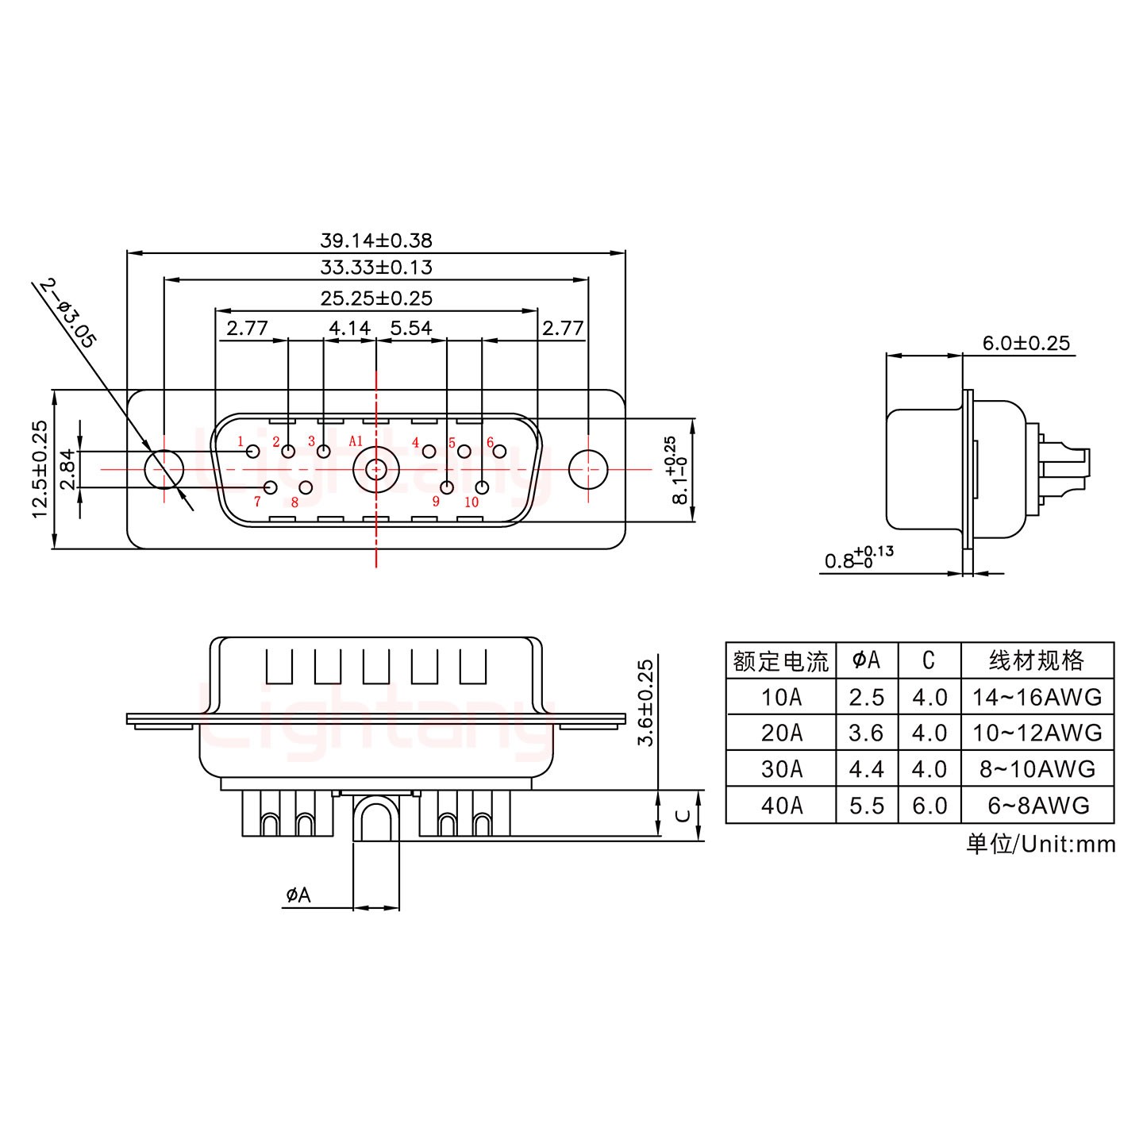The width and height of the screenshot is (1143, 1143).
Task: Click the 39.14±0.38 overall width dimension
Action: pyautogui.click(x=375, y=240)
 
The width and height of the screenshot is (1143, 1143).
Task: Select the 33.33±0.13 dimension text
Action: pyautogui.click(x=375, y=267)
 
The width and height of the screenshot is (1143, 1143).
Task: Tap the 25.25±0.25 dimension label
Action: pyautogui.click(x=375, y=298)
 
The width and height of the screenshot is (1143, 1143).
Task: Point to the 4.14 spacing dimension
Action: pyautogui.click(x=349, y=328)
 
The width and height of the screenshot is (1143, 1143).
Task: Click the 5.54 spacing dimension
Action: pyautogui.click(x=410, y=328)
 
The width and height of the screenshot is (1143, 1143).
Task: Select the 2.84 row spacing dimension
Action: pyautogui.click(x=67, y=469)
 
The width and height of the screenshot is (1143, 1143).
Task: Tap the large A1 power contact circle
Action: pyautogui.click(x=375, y=469)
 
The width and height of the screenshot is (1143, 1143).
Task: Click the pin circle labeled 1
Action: pyautogui.click(x=253, y=452)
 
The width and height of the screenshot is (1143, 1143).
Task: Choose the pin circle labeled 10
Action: pyautogui.click(x=482, y=487)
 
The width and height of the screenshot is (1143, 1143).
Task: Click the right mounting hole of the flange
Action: pyautogui.click(x=588, y=469)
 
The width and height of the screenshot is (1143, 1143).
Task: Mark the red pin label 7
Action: pyautogui.click(x=257, y=502)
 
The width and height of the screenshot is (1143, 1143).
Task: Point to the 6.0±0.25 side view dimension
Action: pyautogui.click(x=1026, y=343)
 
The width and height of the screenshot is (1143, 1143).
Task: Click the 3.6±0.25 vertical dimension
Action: pyautogui.click(x=646, y=702)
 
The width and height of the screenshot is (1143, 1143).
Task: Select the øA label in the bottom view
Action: pyautogui.click(x=298, y=895)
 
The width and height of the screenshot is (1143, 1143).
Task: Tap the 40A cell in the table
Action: pyautogui.click(x=781, y=806)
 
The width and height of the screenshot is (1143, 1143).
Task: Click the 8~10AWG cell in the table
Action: pyautogui.click(x=1037, y=769)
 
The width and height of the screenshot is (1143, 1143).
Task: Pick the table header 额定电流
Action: pyautogui.click(x=781, y=660)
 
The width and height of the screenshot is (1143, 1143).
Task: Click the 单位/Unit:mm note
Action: pyautogui.click(x=1041, y=844)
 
